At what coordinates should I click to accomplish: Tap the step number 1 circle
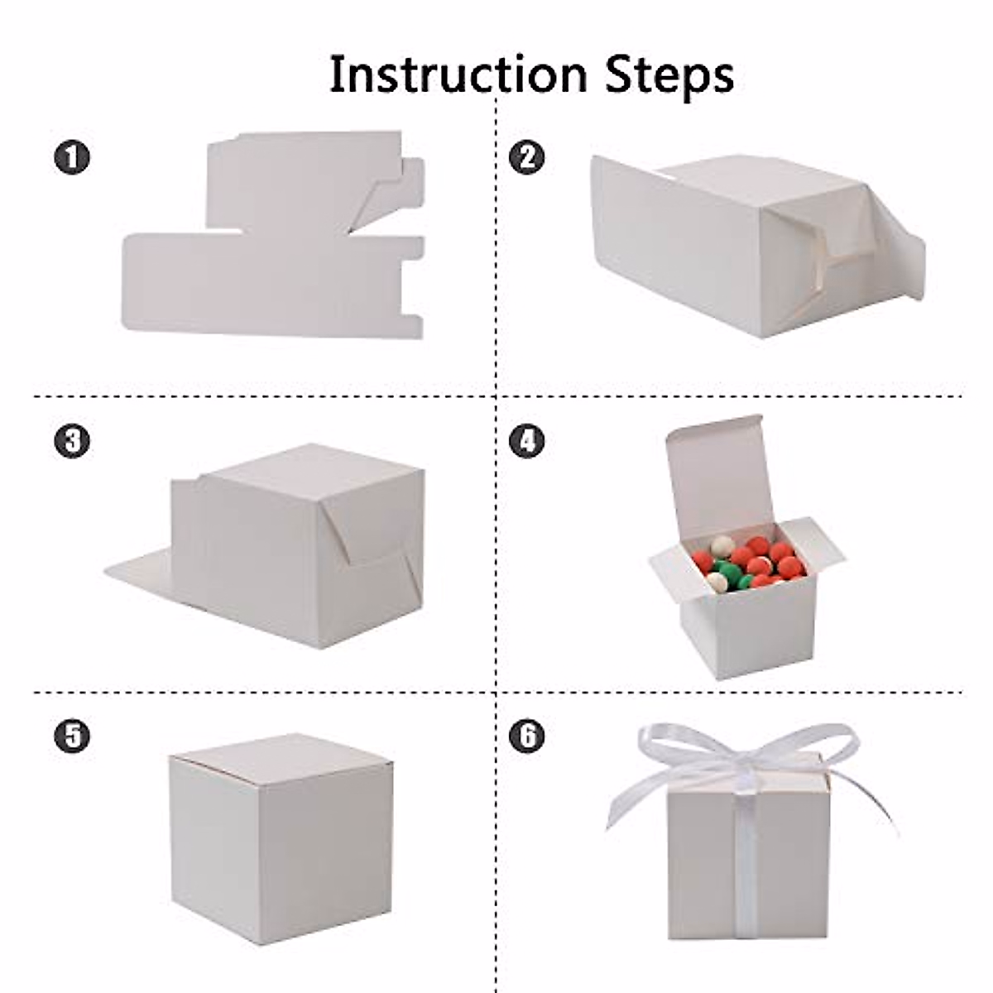tap(72, 156)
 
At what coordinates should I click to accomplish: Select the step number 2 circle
tap(527, 156)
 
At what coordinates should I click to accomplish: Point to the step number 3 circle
tap(72, 440)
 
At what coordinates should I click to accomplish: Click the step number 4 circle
tap(527, 440)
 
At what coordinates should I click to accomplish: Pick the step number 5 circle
tap(72, 735)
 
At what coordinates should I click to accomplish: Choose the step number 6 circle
tap(527, 735)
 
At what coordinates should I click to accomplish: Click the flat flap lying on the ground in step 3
tap(141, 571)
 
